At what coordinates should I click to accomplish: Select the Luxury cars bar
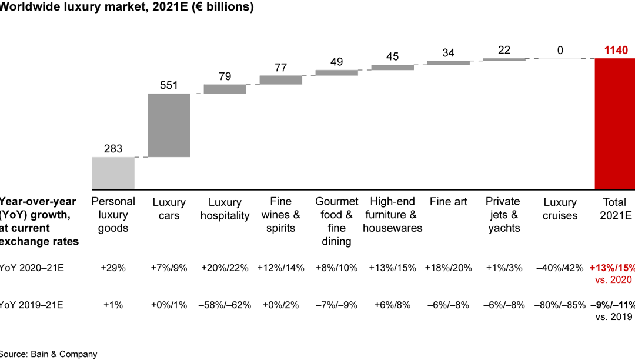[x=169, y=125]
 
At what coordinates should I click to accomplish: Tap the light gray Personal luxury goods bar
[x=113, y=174]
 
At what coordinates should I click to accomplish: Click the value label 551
[x=169, y=85]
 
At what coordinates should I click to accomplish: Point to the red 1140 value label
[x=616, y=51]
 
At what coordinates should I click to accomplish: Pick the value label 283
[x=113, y=148]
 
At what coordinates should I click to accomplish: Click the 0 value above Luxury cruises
[x=560, y=51]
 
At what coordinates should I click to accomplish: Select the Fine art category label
[x=448, y=202]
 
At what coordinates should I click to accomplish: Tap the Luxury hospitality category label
[x=225, y=209]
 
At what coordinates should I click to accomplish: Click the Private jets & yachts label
[x=504, y=215]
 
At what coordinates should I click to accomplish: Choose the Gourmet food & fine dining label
[x=336, y=221]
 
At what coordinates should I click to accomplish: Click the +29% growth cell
[x=113, y=268]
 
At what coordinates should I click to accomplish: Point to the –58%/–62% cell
[x=225, y=305]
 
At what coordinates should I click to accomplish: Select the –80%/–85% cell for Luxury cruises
[x=560, y=305]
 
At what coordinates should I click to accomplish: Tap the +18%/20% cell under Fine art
[x=448, y=268]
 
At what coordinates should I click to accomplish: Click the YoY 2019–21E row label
[x=32, y=305]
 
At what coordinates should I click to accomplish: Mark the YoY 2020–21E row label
[x=32, y=268]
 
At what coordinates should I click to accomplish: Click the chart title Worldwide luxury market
[x=126, y=7]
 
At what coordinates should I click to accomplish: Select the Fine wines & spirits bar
[x=280, y=80]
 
